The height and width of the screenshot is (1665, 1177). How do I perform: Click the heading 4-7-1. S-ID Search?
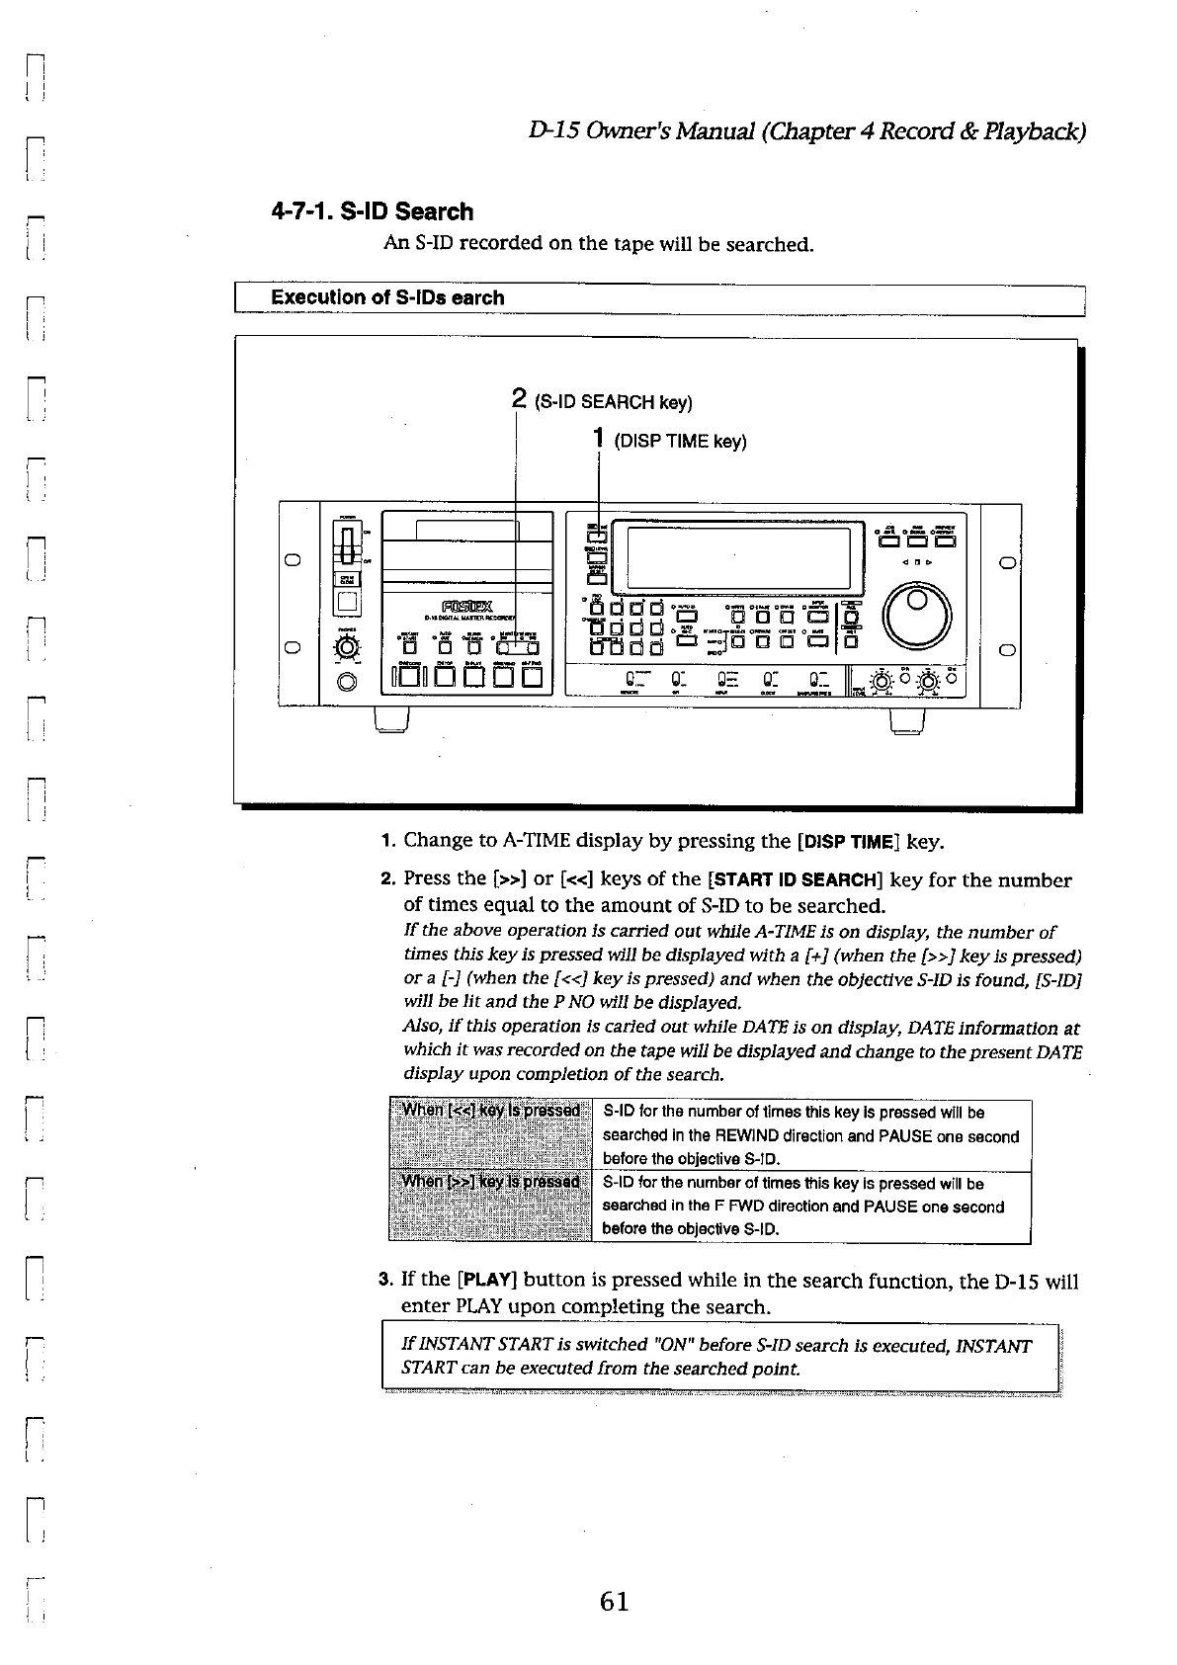[x=373, y=211]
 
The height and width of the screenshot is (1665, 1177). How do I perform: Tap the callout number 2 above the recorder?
[x=519, y=399]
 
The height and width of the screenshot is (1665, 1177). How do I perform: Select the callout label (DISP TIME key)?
[x=680, y=442]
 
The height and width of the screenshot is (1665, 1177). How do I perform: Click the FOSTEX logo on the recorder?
[x=460, y=606]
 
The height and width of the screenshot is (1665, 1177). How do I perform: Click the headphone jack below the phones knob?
[x=347, y=682]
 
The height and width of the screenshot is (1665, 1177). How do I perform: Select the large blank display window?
[x=733, y=556]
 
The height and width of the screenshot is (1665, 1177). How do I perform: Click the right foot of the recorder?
[x=906, y=723]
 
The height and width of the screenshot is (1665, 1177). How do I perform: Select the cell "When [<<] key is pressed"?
[x=490, y=1111]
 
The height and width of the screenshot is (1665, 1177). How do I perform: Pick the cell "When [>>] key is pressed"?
[x=490, y=1182]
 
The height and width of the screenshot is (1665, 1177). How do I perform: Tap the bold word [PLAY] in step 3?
[x=486, y=1281]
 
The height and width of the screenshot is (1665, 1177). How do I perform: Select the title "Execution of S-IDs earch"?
[x=387, y=297]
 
